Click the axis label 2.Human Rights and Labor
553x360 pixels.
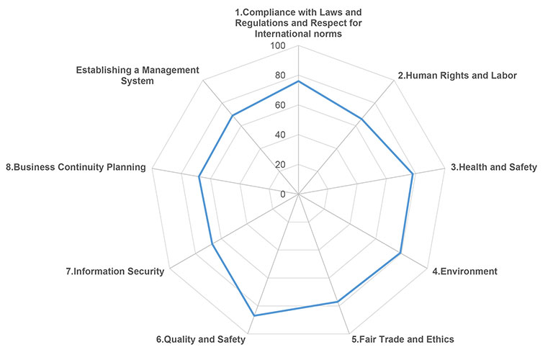(x=457, y=76)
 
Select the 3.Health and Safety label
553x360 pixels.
(x=493, y=167)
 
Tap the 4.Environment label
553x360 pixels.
(x=464, y=271)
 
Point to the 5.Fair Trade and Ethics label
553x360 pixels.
(x=403, y=339)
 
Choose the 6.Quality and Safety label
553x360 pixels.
(x=201, y=339)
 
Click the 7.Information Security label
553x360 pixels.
(x=114, y=271)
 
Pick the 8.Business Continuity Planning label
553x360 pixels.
(x=76, y=167)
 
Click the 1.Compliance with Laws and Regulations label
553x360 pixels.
(x=298, y=23)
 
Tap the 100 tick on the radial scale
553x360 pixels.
(x=277, y=46)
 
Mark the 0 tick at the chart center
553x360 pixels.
(x=282, y=194)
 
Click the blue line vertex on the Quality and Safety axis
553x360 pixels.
(x=254, y=316)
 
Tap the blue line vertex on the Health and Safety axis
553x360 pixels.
(x=413, y=174)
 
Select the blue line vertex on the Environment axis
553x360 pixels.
(x=400, y=253)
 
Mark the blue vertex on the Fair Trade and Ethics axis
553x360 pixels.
(x=337, y=302)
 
